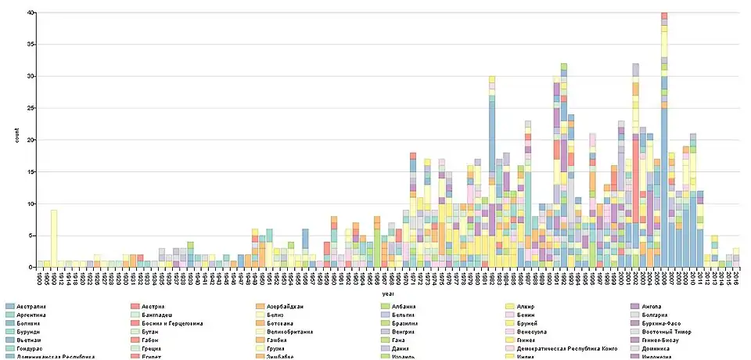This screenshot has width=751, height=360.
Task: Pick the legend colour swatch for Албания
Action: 386,306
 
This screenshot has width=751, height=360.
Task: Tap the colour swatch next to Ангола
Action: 635,306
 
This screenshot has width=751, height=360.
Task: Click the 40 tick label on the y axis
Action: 30,13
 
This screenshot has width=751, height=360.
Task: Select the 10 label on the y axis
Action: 30,204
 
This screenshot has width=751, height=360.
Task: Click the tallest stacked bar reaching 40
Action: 664,141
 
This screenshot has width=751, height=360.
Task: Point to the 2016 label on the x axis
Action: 736,277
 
